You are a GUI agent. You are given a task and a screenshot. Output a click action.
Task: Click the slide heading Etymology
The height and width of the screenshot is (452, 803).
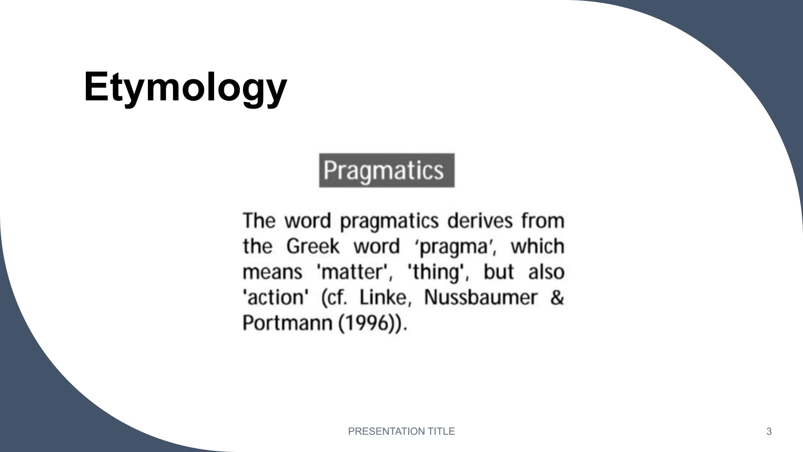(185, 87)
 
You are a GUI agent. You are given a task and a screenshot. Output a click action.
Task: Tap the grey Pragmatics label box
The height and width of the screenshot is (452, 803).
(387, 171)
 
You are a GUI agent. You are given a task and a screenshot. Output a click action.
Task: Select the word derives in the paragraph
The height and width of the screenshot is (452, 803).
(480, 221)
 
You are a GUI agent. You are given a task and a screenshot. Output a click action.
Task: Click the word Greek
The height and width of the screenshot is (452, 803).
(312, 247)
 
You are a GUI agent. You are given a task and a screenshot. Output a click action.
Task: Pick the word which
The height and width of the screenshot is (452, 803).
(537, 247)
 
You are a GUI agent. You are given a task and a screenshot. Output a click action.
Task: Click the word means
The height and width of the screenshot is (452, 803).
(272, 272)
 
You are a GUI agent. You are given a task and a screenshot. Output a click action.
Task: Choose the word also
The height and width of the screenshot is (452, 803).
(546, 272)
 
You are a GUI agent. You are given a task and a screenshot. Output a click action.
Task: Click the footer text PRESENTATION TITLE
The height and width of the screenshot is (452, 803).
(401, 432)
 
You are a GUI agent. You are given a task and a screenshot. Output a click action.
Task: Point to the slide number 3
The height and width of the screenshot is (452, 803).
(769, 432)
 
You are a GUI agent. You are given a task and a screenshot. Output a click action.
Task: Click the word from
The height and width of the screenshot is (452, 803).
(543, 221)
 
